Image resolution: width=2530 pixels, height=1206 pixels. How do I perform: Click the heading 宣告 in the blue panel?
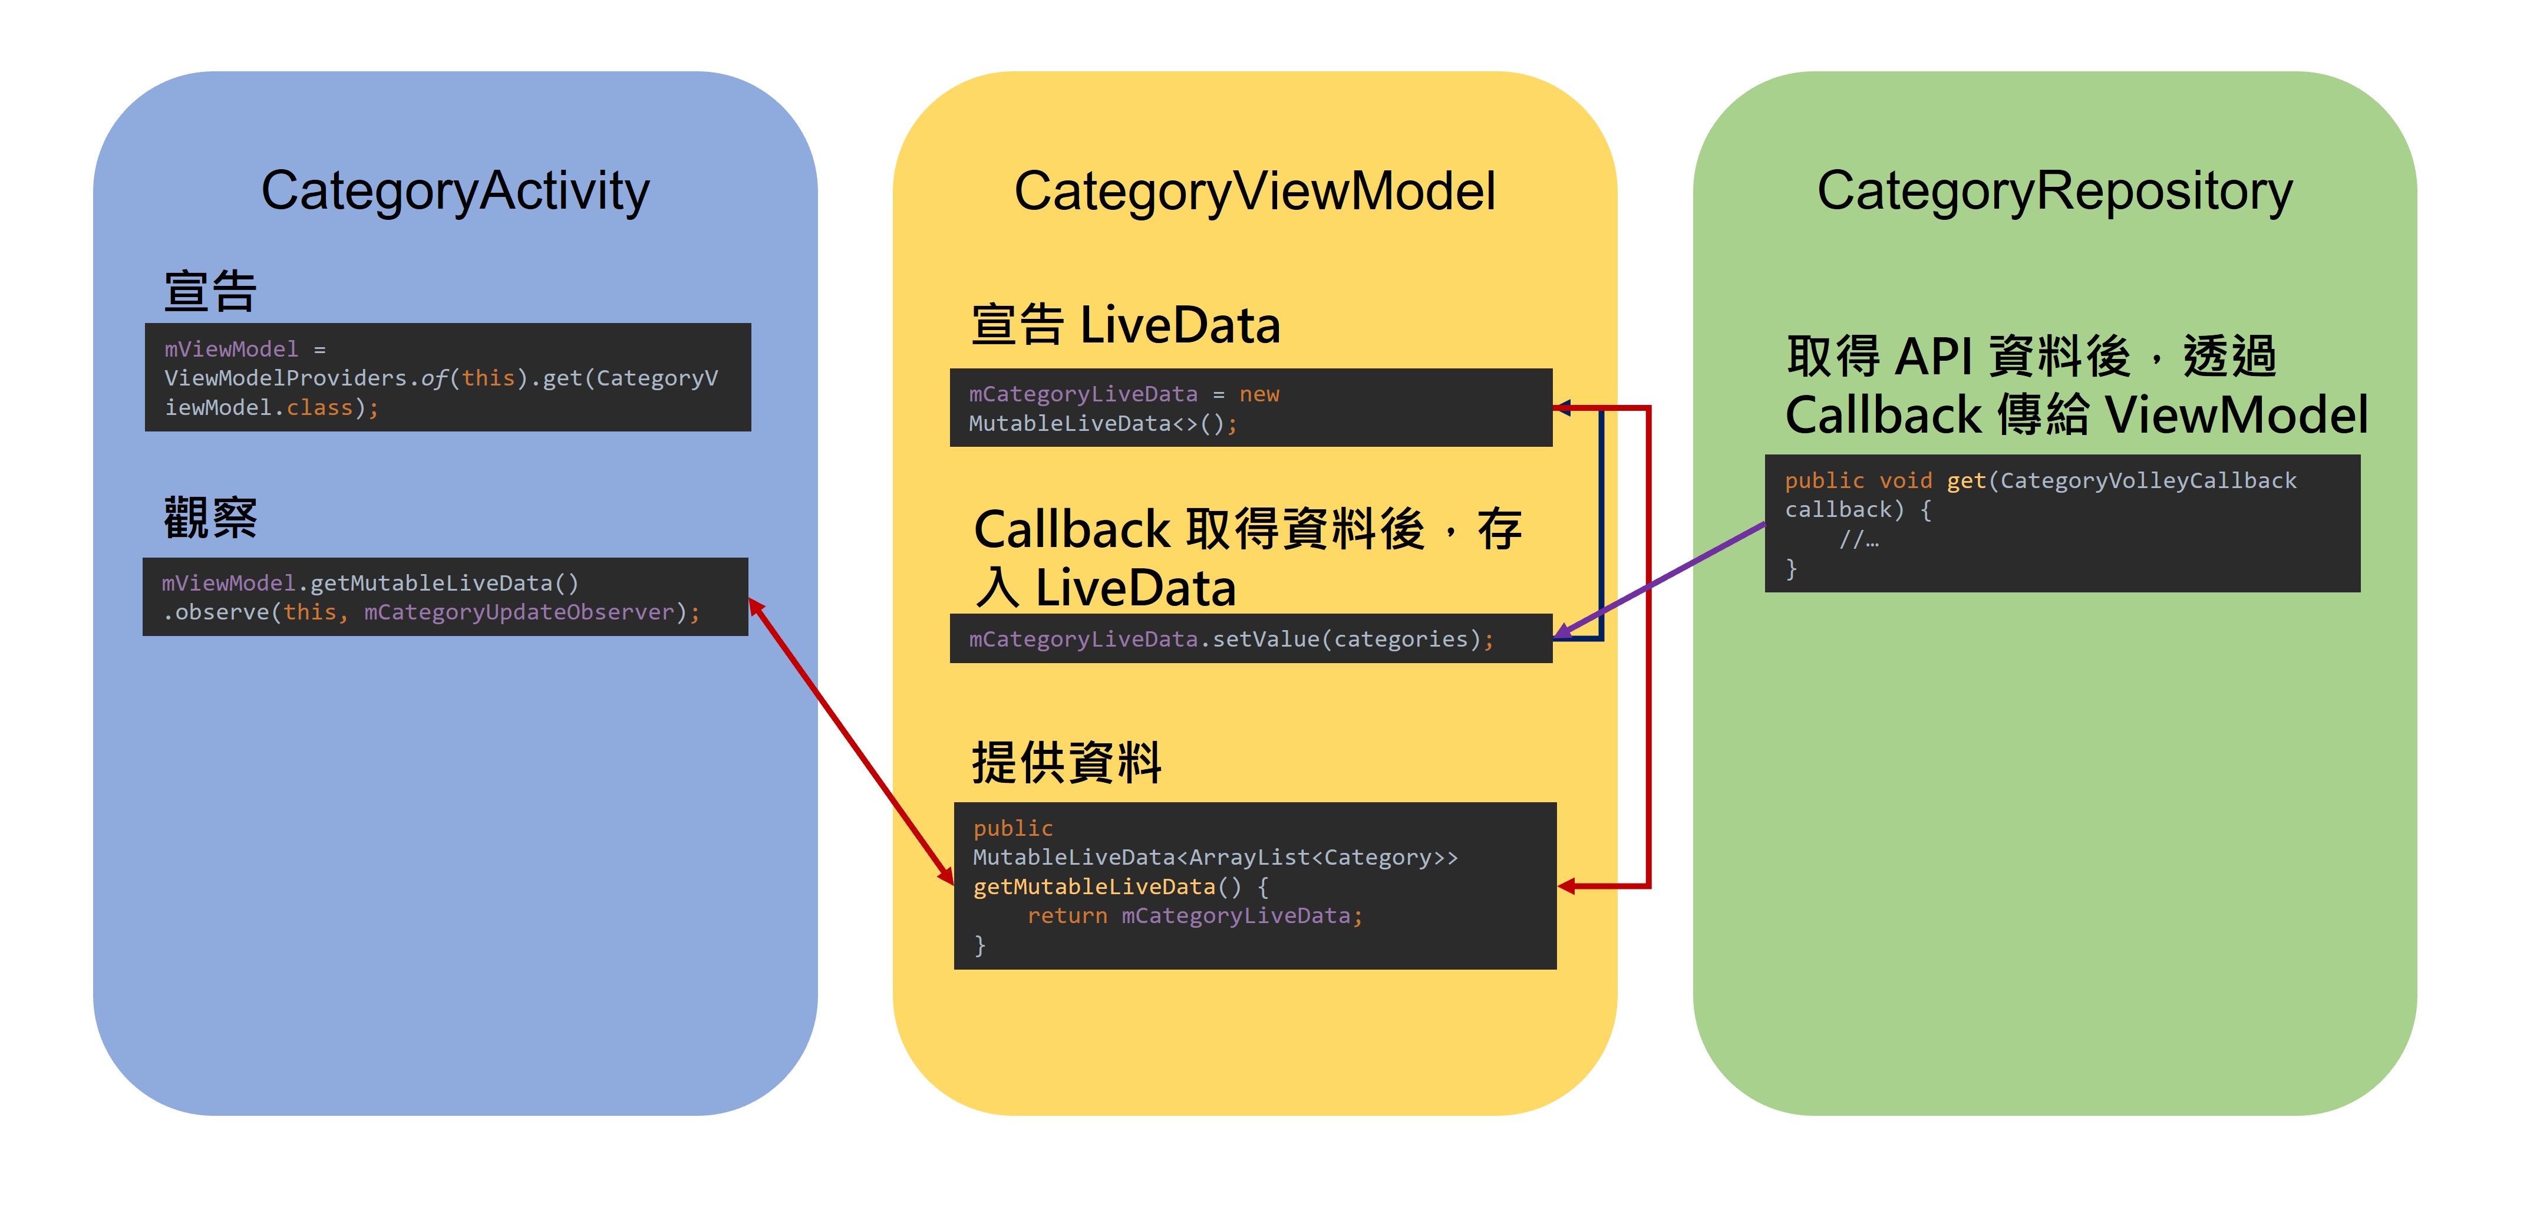pos(210,292)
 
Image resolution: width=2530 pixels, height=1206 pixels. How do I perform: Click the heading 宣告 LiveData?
pos(1126,325)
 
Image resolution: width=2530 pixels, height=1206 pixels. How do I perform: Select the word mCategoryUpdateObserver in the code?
pos(519,613)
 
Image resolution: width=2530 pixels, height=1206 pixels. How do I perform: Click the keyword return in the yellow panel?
pos(1067,916)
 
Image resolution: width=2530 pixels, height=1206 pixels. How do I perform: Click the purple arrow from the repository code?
pos(1670,575)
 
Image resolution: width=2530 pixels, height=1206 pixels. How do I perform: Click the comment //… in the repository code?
pos(1858,539)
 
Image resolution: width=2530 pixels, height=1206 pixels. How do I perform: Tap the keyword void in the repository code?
pos(1905,481)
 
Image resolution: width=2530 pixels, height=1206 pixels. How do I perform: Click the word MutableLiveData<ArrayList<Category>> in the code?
pos(1215,858)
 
